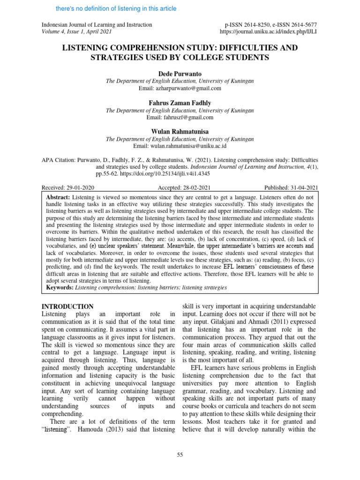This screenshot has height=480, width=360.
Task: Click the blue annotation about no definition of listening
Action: tap(116, 8)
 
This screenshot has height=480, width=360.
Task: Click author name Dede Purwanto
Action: tap(180, 74)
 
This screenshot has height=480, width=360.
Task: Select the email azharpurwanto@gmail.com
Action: tap(180, 88)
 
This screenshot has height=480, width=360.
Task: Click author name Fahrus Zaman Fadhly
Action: tap(180, 103)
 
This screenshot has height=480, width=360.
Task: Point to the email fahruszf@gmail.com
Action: tap(180, 117)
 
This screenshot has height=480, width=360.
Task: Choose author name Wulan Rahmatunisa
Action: tap(180, 132)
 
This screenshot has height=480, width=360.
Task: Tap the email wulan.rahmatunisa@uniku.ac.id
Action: tap(180, 146)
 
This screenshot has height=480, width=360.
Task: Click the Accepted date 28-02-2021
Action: tap(180, 187)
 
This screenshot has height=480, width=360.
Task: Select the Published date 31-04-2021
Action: tap(291, 187)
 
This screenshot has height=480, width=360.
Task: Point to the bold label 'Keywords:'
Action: tap(60, 287)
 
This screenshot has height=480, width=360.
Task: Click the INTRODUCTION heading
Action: tap(68, 307)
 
